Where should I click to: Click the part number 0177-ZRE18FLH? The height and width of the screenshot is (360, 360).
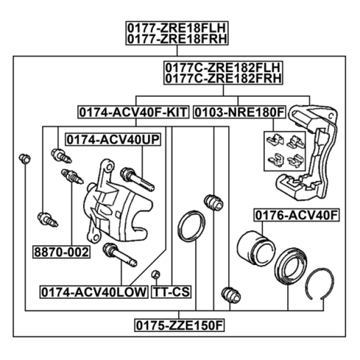pyautogui.click(x=177, y=28)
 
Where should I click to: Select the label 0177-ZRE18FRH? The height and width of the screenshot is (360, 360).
pyautogui.click(x=177, y=39)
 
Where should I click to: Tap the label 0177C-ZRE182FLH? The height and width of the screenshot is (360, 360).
pyautogui.click(x=223, y=67)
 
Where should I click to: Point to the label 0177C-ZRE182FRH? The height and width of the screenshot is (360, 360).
pyautogui.click(x=223, y=79)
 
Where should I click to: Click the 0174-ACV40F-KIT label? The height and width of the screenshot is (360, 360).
pyautogui.click(x=134, y=112)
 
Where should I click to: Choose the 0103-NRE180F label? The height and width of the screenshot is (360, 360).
pyautogui.click(x=240, y=112)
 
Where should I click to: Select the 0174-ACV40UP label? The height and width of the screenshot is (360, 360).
pyautogui.click(x=113, y=139)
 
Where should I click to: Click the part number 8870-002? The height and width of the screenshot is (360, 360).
pyautogui.click(x=61, y=252)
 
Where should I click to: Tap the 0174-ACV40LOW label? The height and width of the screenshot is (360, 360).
pyautogui.click(x=94, y=292)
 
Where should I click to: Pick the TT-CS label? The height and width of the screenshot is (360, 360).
pyautogui.click(x=171, y=292)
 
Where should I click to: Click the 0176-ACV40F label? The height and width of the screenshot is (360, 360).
pyautogui.click(x=296, y=215)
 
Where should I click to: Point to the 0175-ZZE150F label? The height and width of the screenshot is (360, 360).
pyautogui.click(x=179, y=325)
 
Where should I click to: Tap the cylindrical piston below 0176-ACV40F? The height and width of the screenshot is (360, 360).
pyautogui.click(x=255, y=249)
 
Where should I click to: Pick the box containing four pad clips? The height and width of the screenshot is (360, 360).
pyautogui.click(x=285, y=151)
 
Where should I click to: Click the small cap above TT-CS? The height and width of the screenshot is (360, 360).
pyautogui.click(x=156, y=274)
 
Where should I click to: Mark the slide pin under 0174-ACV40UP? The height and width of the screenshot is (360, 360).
pyautogui.click(x=137, y=179)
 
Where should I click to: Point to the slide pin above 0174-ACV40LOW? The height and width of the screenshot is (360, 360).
pyautogui.click(x=120, y=255)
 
